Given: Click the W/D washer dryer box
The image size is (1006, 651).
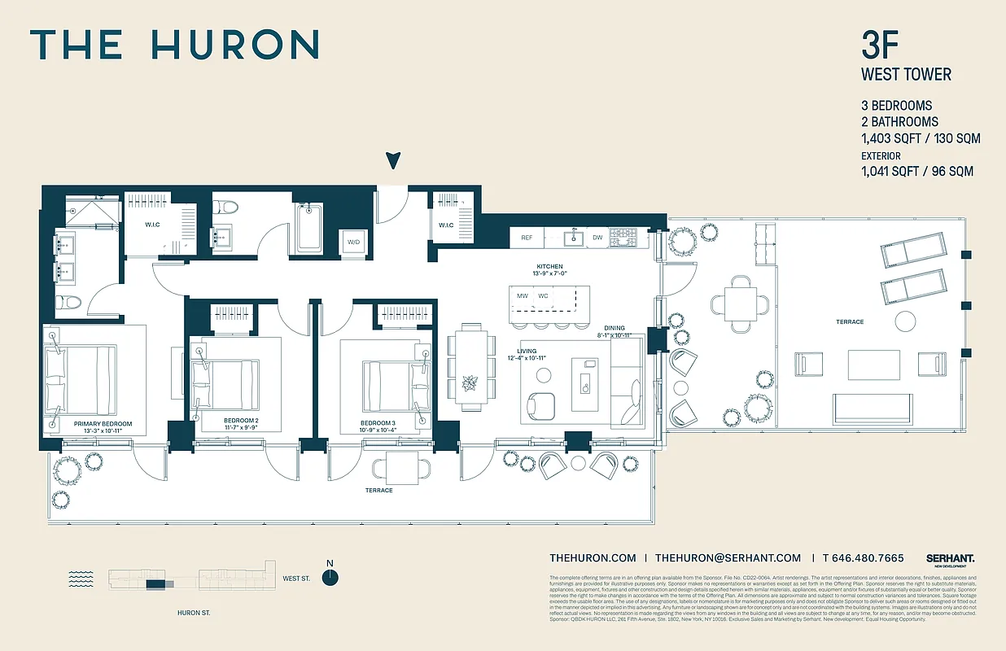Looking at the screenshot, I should coord(353,242).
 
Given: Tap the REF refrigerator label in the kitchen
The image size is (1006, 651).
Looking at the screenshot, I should coord(527,238).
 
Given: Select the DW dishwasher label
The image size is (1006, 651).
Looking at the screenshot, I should coord(598,238).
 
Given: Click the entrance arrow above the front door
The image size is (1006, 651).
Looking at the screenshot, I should coord(393,160).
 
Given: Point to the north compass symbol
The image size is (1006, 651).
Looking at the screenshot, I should coord(330,577).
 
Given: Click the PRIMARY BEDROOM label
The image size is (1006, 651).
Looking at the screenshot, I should coord(103,424).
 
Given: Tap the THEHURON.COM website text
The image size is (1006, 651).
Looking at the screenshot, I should coord(593,557).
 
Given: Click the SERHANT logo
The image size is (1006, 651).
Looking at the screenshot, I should coord(950,558).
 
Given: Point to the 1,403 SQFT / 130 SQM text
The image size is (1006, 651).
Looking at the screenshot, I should coord(921,138).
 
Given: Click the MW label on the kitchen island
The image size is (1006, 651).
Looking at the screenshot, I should coord(522,295).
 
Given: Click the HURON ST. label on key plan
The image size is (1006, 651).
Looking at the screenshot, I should coord(194,613).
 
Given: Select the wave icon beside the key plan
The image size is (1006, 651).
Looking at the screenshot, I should coord(81,579).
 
